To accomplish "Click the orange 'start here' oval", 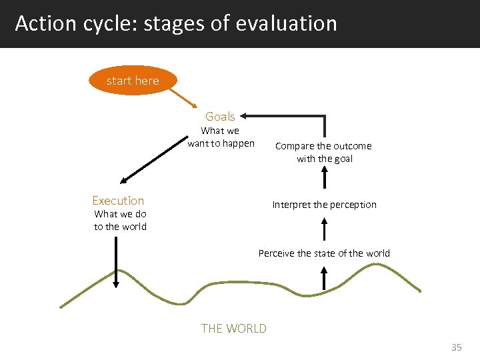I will (x=133, y=81).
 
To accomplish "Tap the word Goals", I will (x=220, y=116).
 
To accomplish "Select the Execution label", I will (x=118, y=201).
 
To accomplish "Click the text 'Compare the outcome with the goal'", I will (x=324, y=152).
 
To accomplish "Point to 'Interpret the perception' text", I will (x=324, y=205).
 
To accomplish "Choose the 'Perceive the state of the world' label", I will (x=324, y=253).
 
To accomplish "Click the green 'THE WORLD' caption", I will (x=233, y=328).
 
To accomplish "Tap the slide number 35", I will (x=456, y=347).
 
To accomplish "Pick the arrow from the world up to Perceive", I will (x=324, y=277).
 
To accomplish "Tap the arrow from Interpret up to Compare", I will (x=325, y=178).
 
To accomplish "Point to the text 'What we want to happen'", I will (x=221, y=137).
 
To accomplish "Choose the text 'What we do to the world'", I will (x=120, y=220).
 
